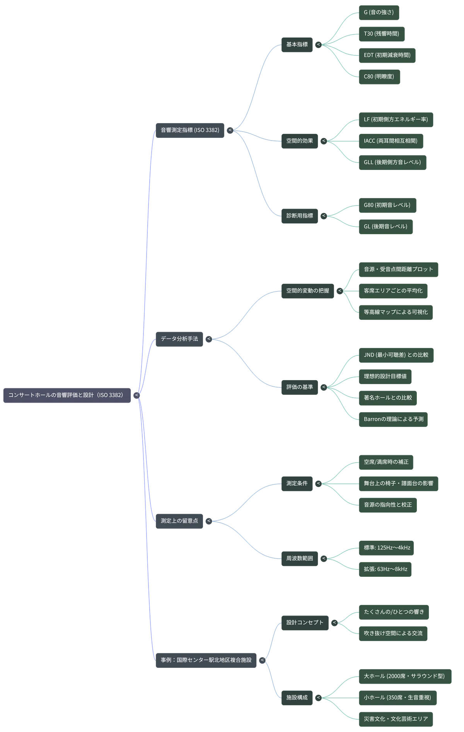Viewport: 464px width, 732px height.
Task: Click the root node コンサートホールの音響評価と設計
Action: click(x=67, y=395)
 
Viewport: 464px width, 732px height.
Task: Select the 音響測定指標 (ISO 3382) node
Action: click(x=190, y=130)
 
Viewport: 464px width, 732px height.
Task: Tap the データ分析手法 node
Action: click(x=179, y=339)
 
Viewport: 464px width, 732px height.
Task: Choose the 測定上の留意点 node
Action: click(x=179, y=521)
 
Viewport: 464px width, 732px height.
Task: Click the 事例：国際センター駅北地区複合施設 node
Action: click(x=206, y=660)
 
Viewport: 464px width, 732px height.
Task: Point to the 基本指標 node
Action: click(x=297, y=45)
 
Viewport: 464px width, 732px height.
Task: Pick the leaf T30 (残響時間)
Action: click(x=382, y=34)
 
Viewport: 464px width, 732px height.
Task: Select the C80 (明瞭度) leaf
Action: click(x=379, y=77)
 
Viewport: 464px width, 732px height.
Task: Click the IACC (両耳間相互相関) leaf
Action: click(x=391, y=141)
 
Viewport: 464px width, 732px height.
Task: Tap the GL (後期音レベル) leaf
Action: click(x=386, y=227)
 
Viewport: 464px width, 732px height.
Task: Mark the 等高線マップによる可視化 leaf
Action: click(x=396, y=312)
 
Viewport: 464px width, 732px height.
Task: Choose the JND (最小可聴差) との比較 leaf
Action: click(x=396, y=355)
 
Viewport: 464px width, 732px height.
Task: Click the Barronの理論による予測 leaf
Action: click(x=393, y=420)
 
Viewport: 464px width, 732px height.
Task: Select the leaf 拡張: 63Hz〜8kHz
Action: click(x=385, y=569)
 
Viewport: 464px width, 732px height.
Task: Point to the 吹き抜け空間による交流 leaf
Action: click(x=393, y=634)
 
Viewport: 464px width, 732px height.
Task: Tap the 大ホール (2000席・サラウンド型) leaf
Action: click(x=405, y=677)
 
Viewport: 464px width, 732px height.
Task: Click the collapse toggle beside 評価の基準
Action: click(x=324, y=387)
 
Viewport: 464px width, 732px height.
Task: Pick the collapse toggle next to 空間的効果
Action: click(x=324, y=141)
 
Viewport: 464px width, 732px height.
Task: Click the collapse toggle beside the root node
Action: click(x=136, y=395)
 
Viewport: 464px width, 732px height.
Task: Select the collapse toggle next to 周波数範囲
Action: click(x=324, y=559)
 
